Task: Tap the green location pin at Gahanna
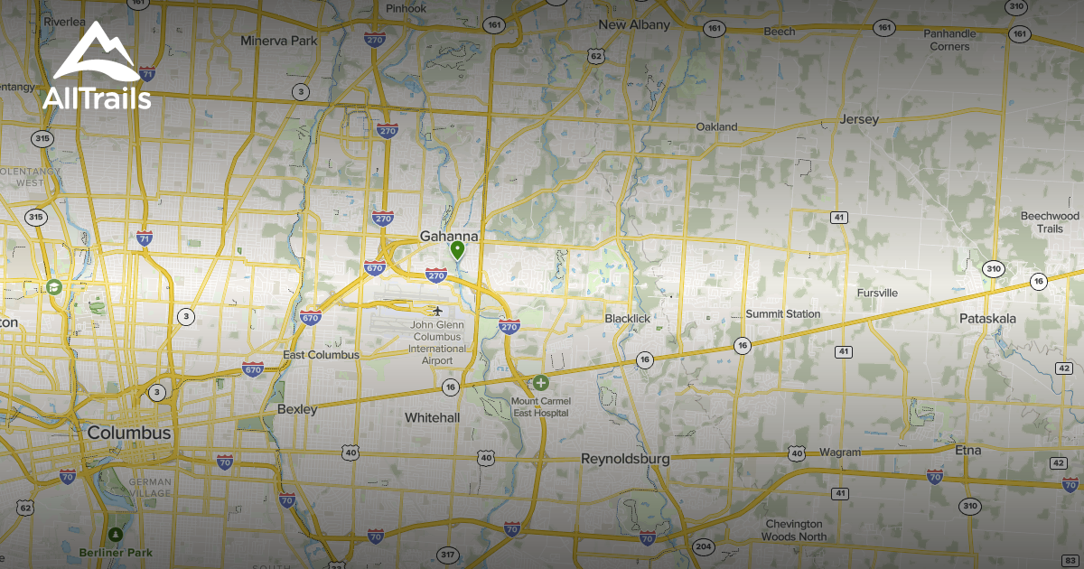pyautogui.click(x=458, y=250)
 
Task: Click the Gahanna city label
pyautogui.click(x=448, y=237)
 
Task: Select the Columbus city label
pyautogui.click(x=129, y=434)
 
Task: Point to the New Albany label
pyautogui.click(x=634, y=24)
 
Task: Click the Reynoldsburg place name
pyautogui.click(x=625, y=459)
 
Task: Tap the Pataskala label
pyautogui.click(x=987, y=319)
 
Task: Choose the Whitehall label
pyautogui.click(x=432, y=417)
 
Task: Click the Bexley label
pyautogui.click(x=297, y=409)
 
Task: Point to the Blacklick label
pyautogui.click(x=627, y=319)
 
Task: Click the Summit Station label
pyautogui.click(x=783, y=314)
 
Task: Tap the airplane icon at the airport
pyautogui.click(x=438, y=312)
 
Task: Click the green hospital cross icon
pyautogui.click(x=540, y=383)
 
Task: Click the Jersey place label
pyautogui.click(x=858, y=119)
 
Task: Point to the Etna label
pyautogui.click(x=967, y=450)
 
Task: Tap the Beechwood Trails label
pyautogui.click(x=1050, y=222)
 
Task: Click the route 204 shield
pyautogui.click(x=703, y=546)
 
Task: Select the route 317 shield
pyautogui.click(x=447, y=554)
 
